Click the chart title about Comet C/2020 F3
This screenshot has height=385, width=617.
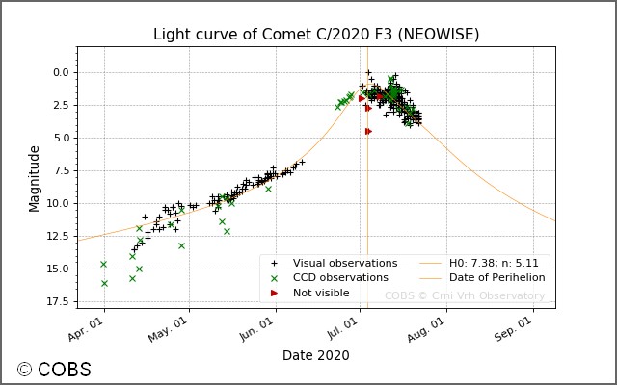point(316,35)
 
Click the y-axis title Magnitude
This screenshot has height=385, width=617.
point(35,178)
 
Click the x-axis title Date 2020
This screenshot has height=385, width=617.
point(315,355)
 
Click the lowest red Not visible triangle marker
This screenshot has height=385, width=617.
point(368,131)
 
